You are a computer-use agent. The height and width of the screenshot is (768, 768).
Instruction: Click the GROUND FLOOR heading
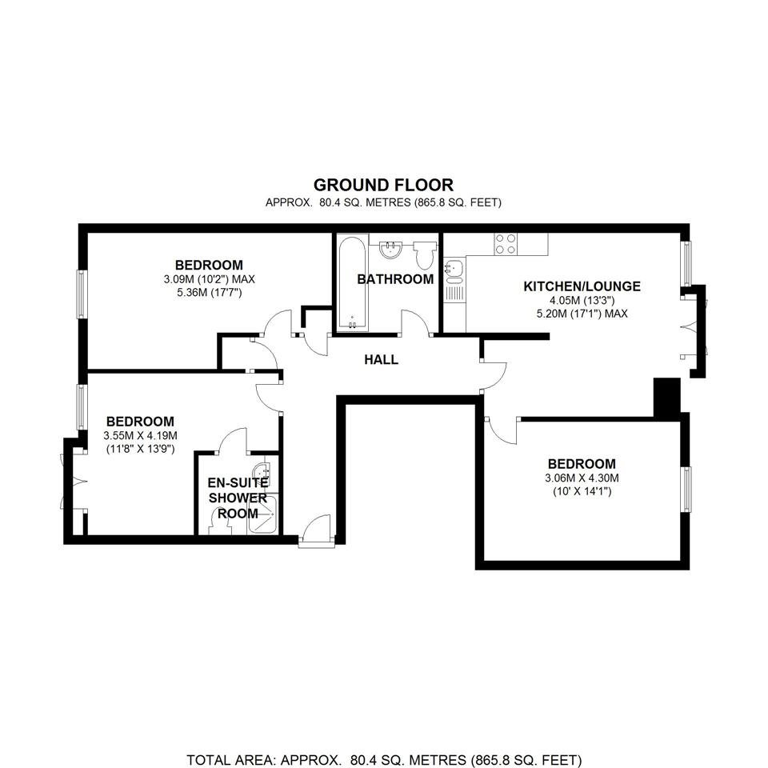pyautogui.click(x=383, y=185)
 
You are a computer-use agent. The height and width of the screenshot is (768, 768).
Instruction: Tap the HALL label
pyautogui.click(x=381, y=359)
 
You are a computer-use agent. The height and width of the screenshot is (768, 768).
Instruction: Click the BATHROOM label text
pyautogui.click(x=395, y=279)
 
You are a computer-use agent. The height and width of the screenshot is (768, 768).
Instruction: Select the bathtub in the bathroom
pyautogui.click(x=353, y=283)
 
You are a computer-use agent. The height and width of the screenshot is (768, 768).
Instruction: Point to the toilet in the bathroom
pyautogui.click(x=424, y=254)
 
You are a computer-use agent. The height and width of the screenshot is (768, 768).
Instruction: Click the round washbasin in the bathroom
pyautogui.click(x=391, y=249)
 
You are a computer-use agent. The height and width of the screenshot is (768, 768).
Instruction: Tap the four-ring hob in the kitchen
pyautogui.click(x=506, y=243)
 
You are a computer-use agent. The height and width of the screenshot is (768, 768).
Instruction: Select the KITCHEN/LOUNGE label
pyautogui.click(x=582, y=286)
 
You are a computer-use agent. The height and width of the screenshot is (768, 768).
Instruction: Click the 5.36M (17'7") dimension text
pyautogui.click(x=210, y=293)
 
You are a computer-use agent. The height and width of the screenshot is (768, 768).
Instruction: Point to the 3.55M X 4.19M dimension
pyautogui.click(x=140, y=435)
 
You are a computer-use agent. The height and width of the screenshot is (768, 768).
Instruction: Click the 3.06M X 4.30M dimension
pyautogui.click(x=582, y=478)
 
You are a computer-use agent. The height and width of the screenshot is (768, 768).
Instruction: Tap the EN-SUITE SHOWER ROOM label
pyautogui.click(x=238, y=498)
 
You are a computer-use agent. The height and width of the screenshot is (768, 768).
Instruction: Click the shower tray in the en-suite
pyautogui.click(x=263, y=514)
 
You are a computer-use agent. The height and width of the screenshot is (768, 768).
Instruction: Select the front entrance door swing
pyautogui.click(x=315, y=528)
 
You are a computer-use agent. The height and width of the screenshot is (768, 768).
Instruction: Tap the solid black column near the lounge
pyautogui.click(x=667, y=398)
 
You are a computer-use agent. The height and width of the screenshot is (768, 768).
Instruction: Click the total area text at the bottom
pyautogui.click(x=384, y=760)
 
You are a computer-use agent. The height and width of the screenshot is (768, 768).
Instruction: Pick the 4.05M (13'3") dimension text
pyautogui.click(x=582, y=300)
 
